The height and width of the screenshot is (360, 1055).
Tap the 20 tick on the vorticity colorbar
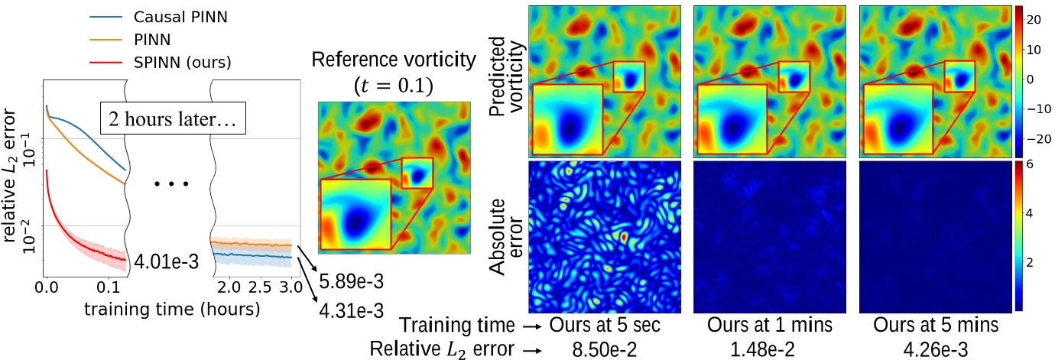click(x=1033, y=19)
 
